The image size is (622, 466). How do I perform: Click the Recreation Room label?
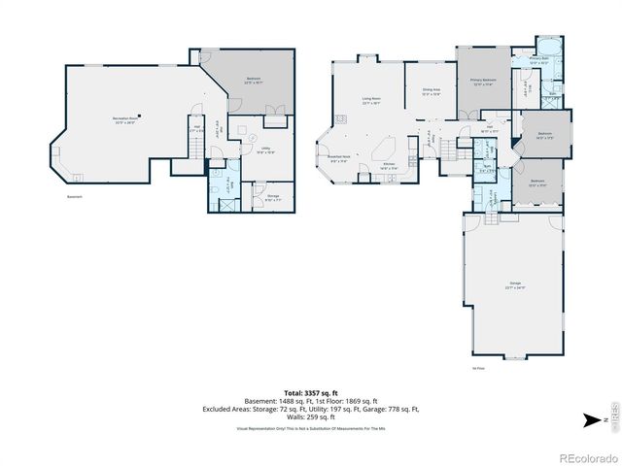tap(122, 119)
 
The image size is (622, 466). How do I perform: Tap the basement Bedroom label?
tap(253, 80)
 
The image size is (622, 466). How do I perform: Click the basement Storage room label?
tap(273, 197)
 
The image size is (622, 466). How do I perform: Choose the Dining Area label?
tap(431, 91)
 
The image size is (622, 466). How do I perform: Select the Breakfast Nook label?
tap(339, 160)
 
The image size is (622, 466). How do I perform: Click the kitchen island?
tap(381, 151)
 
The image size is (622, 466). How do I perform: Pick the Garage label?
tap(514, 286)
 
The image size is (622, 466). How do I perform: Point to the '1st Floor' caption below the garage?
tap(478, 369)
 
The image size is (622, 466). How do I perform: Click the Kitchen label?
tap(389, 166)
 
